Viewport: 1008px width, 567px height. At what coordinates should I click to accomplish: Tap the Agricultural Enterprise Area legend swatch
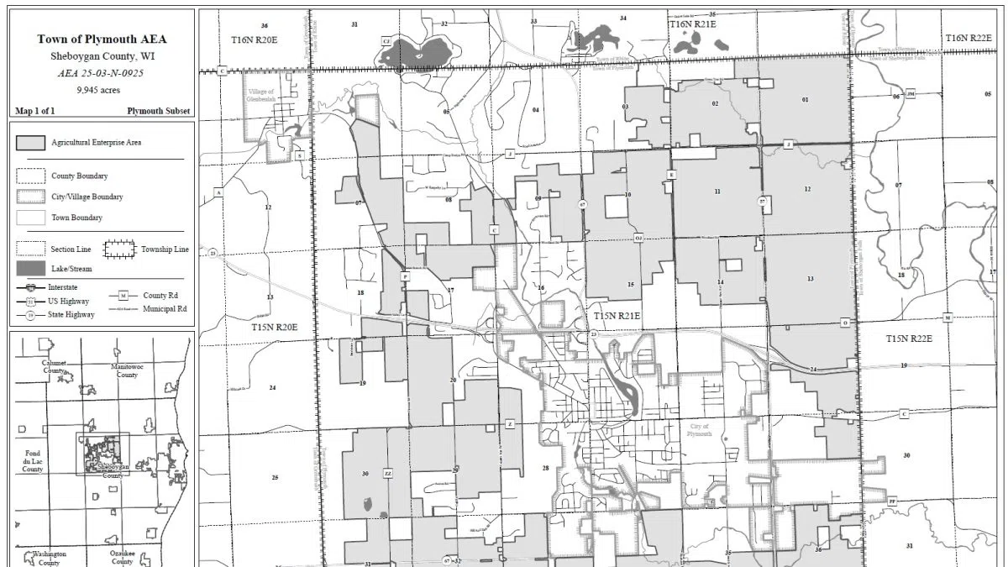(x=30, y=143)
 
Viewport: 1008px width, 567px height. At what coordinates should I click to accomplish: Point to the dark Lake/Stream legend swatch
(x=30, y=269)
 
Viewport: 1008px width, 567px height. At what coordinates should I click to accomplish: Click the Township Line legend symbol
(x=119, y=249)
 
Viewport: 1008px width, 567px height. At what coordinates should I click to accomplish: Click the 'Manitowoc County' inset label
(x=126, y=370)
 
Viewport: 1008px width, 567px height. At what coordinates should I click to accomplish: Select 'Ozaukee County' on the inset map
(x=122, y=557)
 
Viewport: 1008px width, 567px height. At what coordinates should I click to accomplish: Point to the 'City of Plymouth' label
(x=700, y=429)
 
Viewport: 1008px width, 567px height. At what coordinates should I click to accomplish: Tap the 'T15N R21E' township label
(x=617, y=316)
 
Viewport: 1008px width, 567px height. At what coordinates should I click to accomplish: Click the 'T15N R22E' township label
(x=910, y=338)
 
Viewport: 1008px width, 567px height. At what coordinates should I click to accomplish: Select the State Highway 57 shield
(x=762, y=202)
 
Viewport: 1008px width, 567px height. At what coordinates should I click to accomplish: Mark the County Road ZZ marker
(x=388, y=474)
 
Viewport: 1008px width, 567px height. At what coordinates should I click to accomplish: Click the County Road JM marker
(x=910, y=93)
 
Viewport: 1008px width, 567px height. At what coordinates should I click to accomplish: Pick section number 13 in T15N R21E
(x=810, y=278)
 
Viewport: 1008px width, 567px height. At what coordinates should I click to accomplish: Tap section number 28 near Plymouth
(x=545, y=468)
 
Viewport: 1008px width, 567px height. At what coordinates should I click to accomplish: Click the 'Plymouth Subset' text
(x=159, y=111)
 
